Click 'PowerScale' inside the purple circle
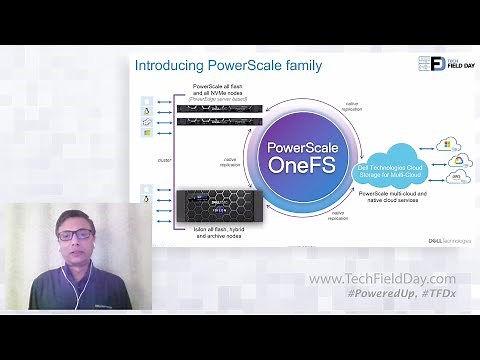point(296,146)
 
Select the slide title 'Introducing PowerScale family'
point(228,67)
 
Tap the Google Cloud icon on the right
point(455,161)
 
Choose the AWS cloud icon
point(455,181)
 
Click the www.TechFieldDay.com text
point(382,279)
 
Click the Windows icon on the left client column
point(147,133)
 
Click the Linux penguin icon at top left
point(147,100)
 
